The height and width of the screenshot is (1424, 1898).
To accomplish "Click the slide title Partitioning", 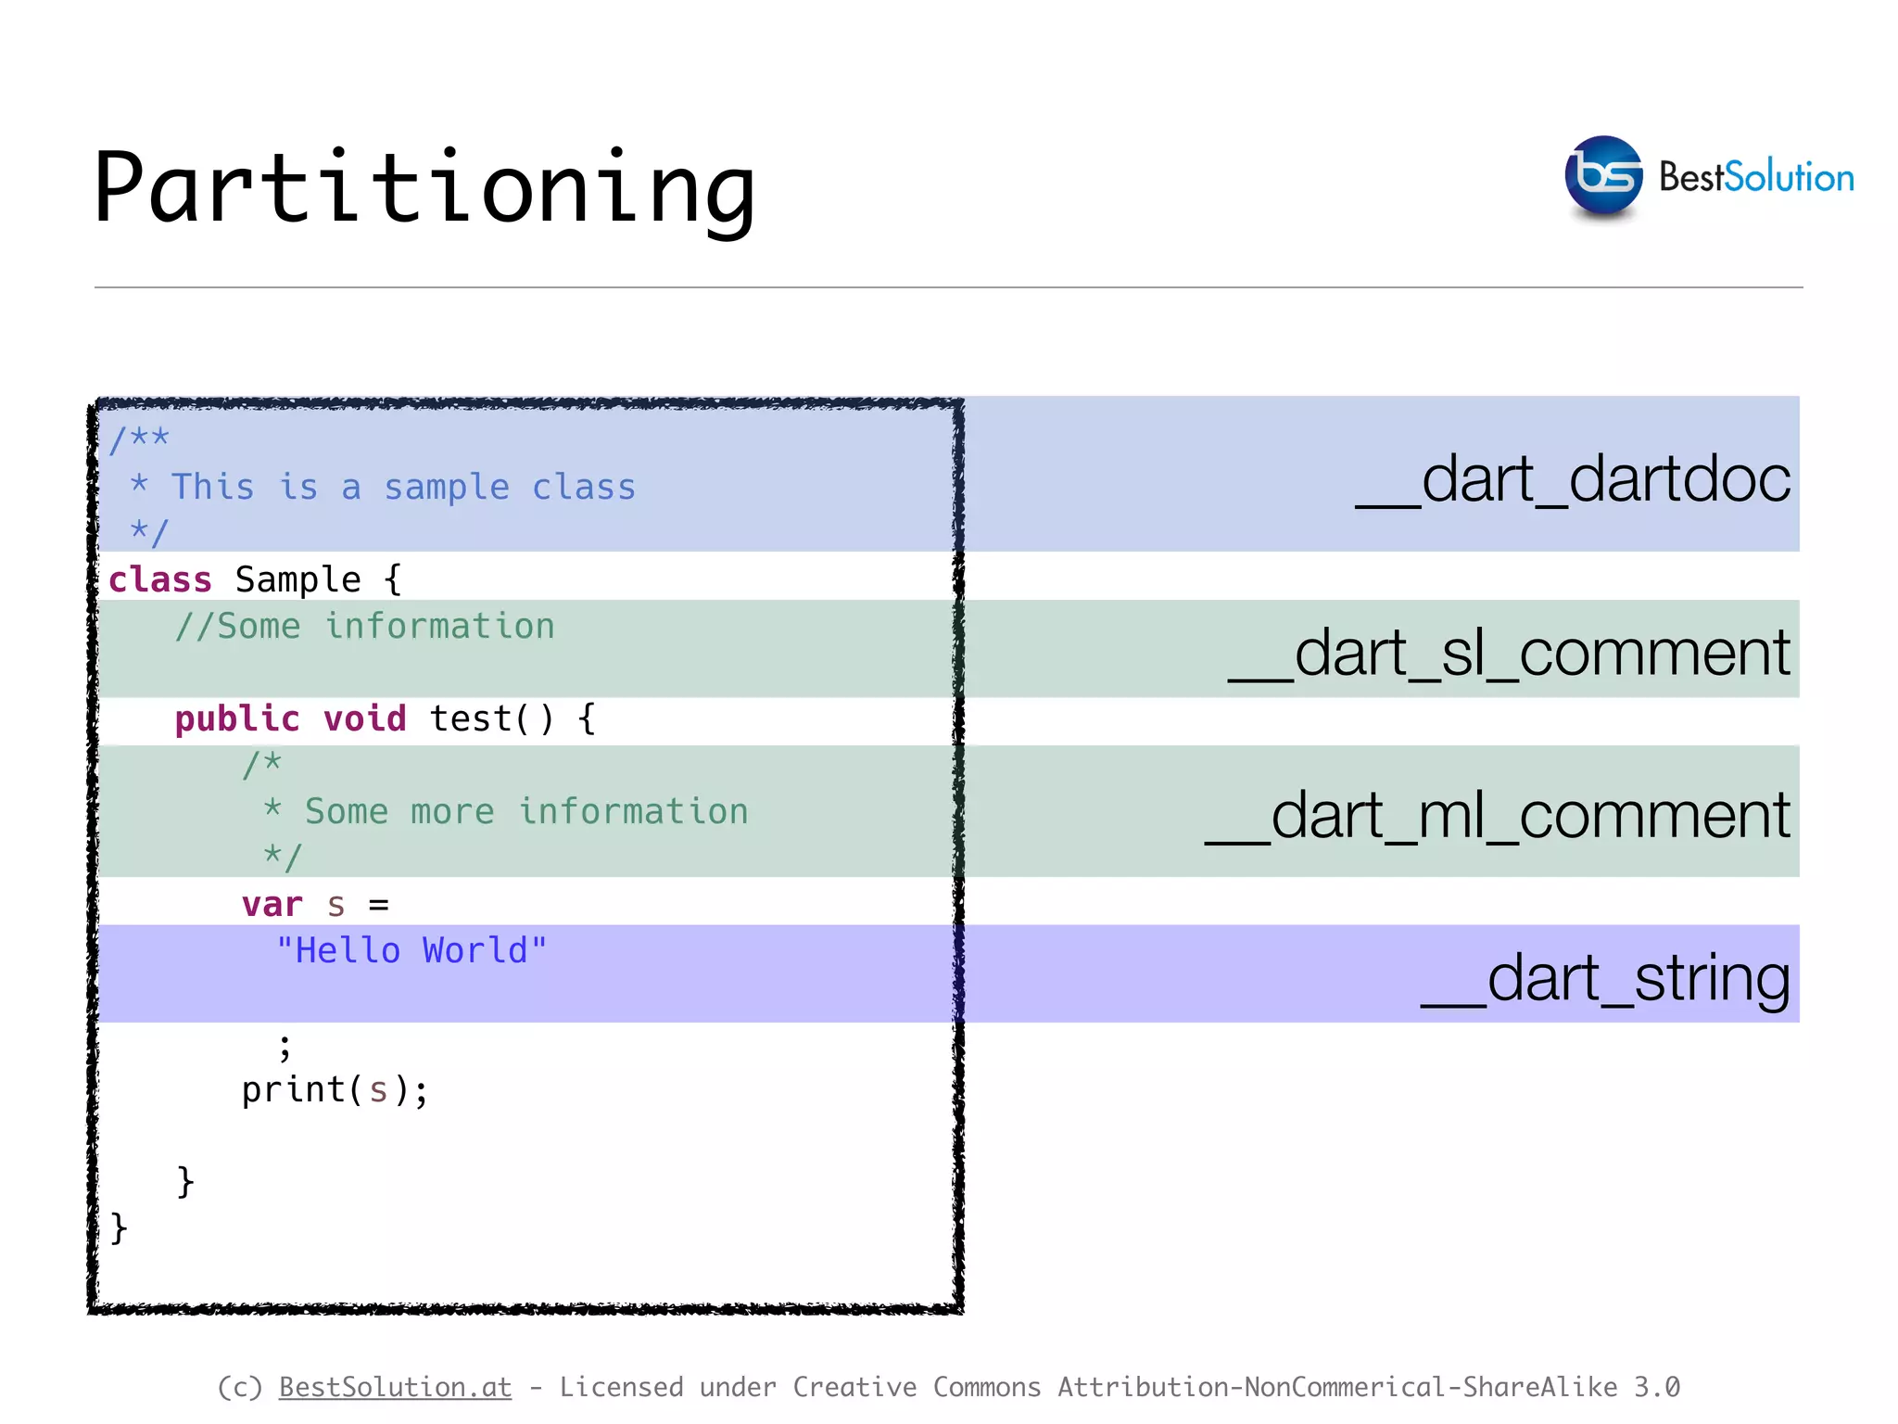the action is pos(424,188).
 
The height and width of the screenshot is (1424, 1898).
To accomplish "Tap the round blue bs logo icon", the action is pos(1603,175).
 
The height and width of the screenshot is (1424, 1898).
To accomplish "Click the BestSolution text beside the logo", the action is pos(1756,177).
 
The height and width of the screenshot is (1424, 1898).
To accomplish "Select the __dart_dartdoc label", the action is pos(1573,479).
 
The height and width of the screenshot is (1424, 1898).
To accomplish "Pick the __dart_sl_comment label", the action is pos(1509,653).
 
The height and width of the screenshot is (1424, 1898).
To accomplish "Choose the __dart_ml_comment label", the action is pos(1498,816).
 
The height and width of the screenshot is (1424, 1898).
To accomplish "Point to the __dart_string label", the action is pos(1605,978).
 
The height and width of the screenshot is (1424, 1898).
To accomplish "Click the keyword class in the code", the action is pos(160,580).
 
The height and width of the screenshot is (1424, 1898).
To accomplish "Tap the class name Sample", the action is pos(297,580).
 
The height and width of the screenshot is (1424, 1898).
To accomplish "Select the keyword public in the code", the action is pos(237,719).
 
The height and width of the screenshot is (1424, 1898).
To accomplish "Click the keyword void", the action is pos(364,719).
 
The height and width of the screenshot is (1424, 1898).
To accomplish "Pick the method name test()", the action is pos(491,719).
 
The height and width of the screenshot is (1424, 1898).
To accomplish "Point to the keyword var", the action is pos(272,905).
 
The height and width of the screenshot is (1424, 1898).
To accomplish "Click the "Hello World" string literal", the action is pos(411,951).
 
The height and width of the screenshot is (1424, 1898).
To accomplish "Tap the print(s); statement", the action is pos(335,1090).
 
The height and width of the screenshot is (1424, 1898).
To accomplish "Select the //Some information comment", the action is pos(365,627).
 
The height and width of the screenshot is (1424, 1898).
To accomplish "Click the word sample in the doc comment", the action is pos(447,488).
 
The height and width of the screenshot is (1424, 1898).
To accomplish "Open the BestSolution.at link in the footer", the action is pos(395,1387).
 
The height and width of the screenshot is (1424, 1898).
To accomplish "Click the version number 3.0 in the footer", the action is pos(1656,1387).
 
